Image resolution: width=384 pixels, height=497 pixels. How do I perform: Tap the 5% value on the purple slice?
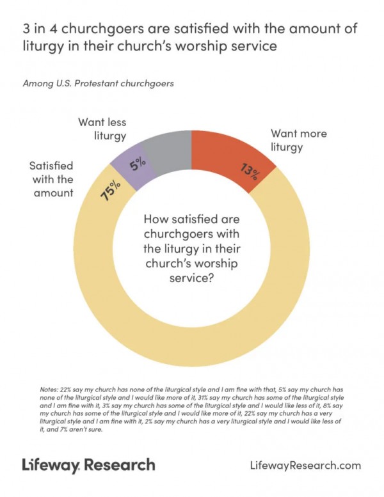coord(138,165)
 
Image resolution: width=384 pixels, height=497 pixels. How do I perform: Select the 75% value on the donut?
coord(110,191)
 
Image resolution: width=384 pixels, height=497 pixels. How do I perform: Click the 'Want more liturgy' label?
coord(298,140)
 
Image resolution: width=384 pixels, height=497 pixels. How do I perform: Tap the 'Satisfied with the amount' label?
coord(51,179)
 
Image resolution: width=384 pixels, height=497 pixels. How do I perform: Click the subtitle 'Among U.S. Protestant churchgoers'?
coord(99,83)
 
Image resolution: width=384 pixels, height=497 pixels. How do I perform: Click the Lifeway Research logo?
coord(89,465)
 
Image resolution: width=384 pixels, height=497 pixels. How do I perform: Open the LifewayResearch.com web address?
coord(306,465)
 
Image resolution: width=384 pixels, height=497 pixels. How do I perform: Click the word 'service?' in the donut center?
coord(191,278)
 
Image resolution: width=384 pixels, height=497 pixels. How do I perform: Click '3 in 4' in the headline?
coord(40,29)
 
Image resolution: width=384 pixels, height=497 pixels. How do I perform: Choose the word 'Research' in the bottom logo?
coord(120,464)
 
